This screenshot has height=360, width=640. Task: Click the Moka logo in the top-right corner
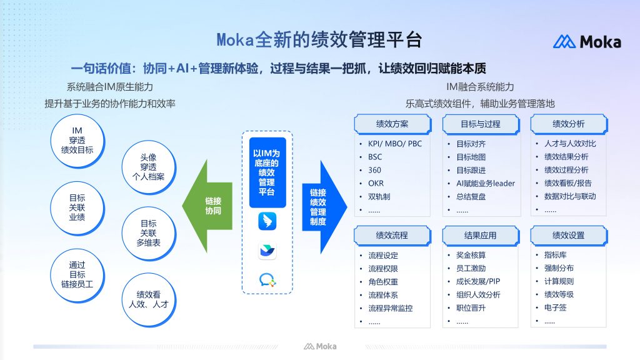587,42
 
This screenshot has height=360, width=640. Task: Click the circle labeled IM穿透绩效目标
77,141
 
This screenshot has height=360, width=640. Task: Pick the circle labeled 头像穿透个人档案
149,167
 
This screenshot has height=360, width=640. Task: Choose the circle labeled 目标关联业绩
77,207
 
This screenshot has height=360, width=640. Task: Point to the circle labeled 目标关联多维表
149,234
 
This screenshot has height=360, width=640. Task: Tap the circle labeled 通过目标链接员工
77,275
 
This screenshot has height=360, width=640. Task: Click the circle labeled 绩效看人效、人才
149,300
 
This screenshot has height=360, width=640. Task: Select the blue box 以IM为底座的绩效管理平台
267,172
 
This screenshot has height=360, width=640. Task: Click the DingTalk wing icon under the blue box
267,221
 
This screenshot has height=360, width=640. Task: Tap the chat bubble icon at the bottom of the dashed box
267,280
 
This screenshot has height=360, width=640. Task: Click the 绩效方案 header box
392,124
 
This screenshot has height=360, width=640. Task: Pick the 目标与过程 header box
481,124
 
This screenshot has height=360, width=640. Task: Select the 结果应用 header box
481,236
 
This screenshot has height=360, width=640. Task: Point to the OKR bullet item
376,183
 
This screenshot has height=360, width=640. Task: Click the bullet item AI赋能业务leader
485,184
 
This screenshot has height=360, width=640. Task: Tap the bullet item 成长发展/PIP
478,281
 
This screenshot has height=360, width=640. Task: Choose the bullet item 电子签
555,307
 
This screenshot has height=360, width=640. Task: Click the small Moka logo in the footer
320,346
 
